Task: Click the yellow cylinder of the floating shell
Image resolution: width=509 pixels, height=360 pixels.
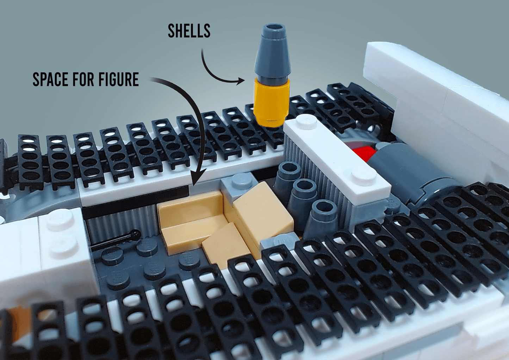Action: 272,102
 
